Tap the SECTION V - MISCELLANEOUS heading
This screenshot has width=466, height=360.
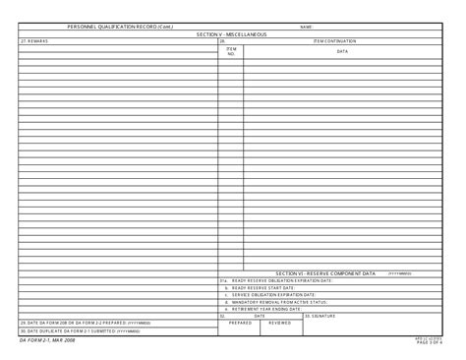click(232, 33)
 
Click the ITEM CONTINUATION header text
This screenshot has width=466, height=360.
click(334, 41)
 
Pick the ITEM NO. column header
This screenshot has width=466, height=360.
click(231, 50)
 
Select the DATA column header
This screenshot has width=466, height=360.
click(342, 50)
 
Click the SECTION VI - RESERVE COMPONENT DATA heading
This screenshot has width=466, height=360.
click(325, 272)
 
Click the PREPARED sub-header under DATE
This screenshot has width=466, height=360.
click(240, 322)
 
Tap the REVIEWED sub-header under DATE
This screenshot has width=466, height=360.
click(280, 322)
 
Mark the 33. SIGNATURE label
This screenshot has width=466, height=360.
click(320, 315)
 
